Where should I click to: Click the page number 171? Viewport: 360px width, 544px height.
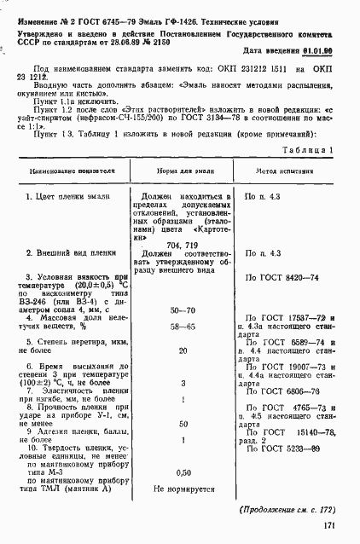click(x=328, y=525)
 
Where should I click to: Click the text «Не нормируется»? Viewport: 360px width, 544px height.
click(x=182, y=490)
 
